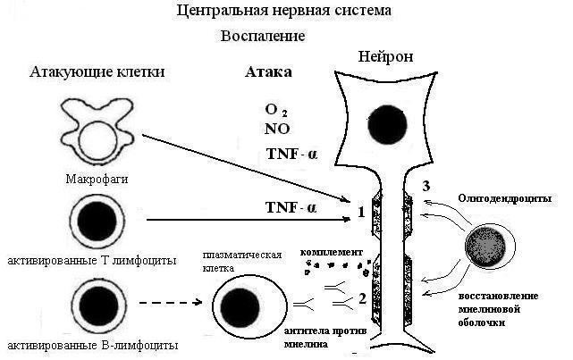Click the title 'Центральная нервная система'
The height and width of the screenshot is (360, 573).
pyautogui.click(x=283, y=12)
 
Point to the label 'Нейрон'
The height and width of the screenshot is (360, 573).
pyautogui.click(x=385, y=56)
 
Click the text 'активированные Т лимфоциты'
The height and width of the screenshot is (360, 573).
pyautogui.click(x=89, y=260)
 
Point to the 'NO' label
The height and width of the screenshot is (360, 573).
pyautogui.click(x=278, y=129)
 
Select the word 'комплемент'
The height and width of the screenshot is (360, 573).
pyautogui.click(x=333, y=253)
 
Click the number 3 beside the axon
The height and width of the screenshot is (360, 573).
pyautogui.click(x=427, y=185)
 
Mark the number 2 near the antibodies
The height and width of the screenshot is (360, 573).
pyautogui.click(x=361, y=298)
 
